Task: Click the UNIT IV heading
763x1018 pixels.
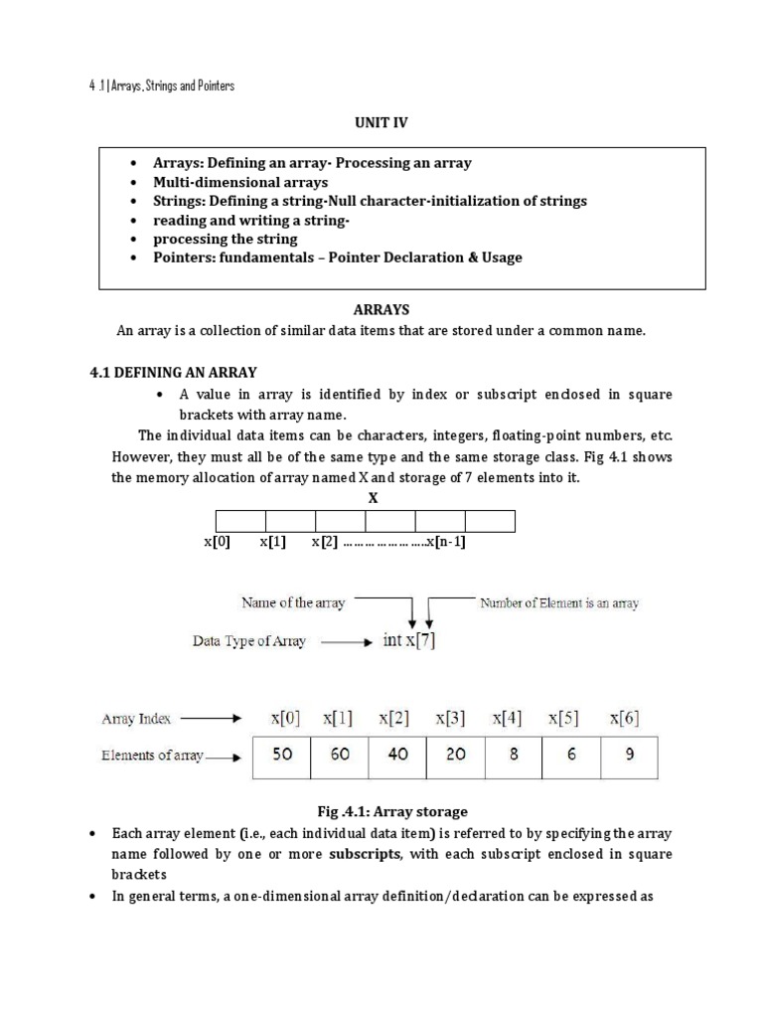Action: [381, 122]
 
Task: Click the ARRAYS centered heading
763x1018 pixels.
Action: [381, 310]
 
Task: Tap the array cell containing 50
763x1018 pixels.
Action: [282, 755]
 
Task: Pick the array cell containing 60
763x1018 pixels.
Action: [340, 755]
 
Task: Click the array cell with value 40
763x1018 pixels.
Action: [397, 755]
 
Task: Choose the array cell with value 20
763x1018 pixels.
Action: [455, 755]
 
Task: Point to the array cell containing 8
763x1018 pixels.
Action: [513, 755]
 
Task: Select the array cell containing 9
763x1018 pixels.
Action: [629, 755]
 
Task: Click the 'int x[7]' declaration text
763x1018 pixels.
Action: [408, 641]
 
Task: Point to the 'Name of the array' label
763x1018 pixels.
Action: [293, 603]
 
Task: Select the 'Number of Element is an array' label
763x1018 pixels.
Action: [559, 603]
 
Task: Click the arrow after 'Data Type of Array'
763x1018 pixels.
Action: [346, 642]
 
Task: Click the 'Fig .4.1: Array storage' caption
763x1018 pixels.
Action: [381, 812]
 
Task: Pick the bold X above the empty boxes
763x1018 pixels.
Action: [374, 498]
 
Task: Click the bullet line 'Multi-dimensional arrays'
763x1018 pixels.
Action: [239, 182]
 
